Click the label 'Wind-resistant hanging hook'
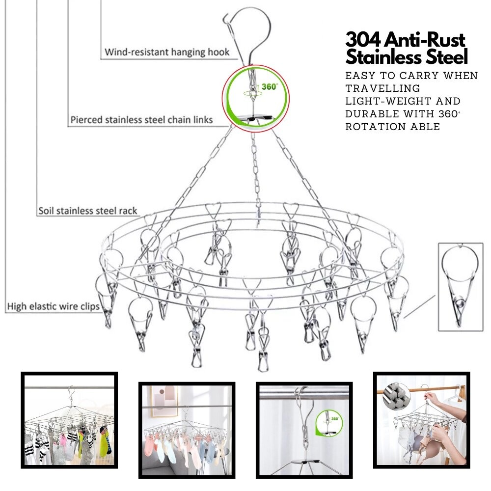click(167, 52)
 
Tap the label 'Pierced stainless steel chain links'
click(141, 120)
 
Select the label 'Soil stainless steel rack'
click(88, 211)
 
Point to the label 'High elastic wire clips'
click(53, 306)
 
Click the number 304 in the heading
click(363, 40)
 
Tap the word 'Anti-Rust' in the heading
click(425, 40)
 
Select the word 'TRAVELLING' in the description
click(382, 88)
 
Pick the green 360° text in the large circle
click(270, 86)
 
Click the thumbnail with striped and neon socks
click(69, 420)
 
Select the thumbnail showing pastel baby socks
click(187, 430)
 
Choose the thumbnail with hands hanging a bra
click(421, 420)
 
